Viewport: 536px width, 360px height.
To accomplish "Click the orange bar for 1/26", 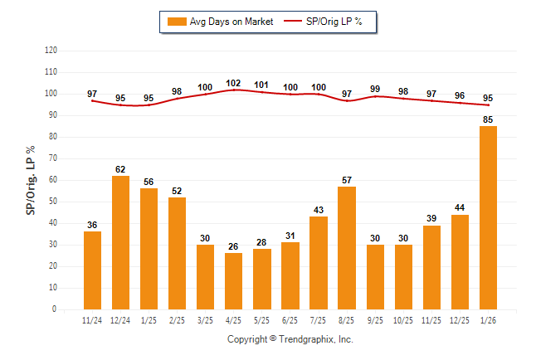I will click(x=488, y=217).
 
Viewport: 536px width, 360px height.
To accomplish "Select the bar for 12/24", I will click(x=121, y=242).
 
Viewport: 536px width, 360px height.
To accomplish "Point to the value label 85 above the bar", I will click(x=488, y=119).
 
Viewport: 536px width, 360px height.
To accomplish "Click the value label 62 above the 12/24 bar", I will click(x=121, y=168).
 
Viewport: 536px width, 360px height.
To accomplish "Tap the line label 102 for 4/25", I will click(x=234, y=83).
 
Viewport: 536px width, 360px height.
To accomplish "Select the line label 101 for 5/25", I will click(x=262, y=85).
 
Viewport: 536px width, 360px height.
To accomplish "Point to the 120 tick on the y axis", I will click(x=51, y=51).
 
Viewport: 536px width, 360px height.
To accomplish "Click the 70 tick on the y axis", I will click(x=53, y=158).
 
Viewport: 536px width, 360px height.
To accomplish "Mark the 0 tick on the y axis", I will click(x=55, y=309).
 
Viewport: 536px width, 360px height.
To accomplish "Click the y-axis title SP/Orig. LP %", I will click(x=31, y=180).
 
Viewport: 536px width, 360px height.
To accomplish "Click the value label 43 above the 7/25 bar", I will click(x=319, y=210).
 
